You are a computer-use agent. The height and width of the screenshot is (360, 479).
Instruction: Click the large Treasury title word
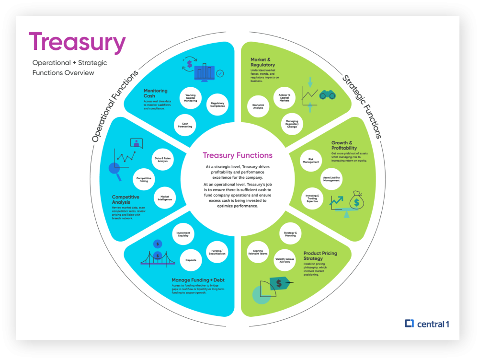coord(77,43)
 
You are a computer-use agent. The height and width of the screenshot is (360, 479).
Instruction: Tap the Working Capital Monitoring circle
coord(191,98)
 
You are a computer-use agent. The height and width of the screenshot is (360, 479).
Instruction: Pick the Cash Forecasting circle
coord(185,125)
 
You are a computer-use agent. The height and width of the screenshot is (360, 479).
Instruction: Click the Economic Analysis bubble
coord(258,106)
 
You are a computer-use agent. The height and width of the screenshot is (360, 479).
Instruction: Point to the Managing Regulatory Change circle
coord(292,124)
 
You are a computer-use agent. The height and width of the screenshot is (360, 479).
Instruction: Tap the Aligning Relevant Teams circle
coord(257,252)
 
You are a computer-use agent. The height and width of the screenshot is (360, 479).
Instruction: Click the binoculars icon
coord(327,95)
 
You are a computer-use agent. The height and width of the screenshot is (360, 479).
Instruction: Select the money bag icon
coord(357,201)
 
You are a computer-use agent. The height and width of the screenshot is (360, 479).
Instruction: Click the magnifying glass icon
coord(114,168)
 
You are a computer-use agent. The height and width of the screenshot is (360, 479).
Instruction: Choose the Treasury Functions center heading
coord(238,155)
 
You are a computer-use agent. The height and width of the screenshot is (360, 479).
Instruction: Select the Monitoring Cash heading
coord(156,93)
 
